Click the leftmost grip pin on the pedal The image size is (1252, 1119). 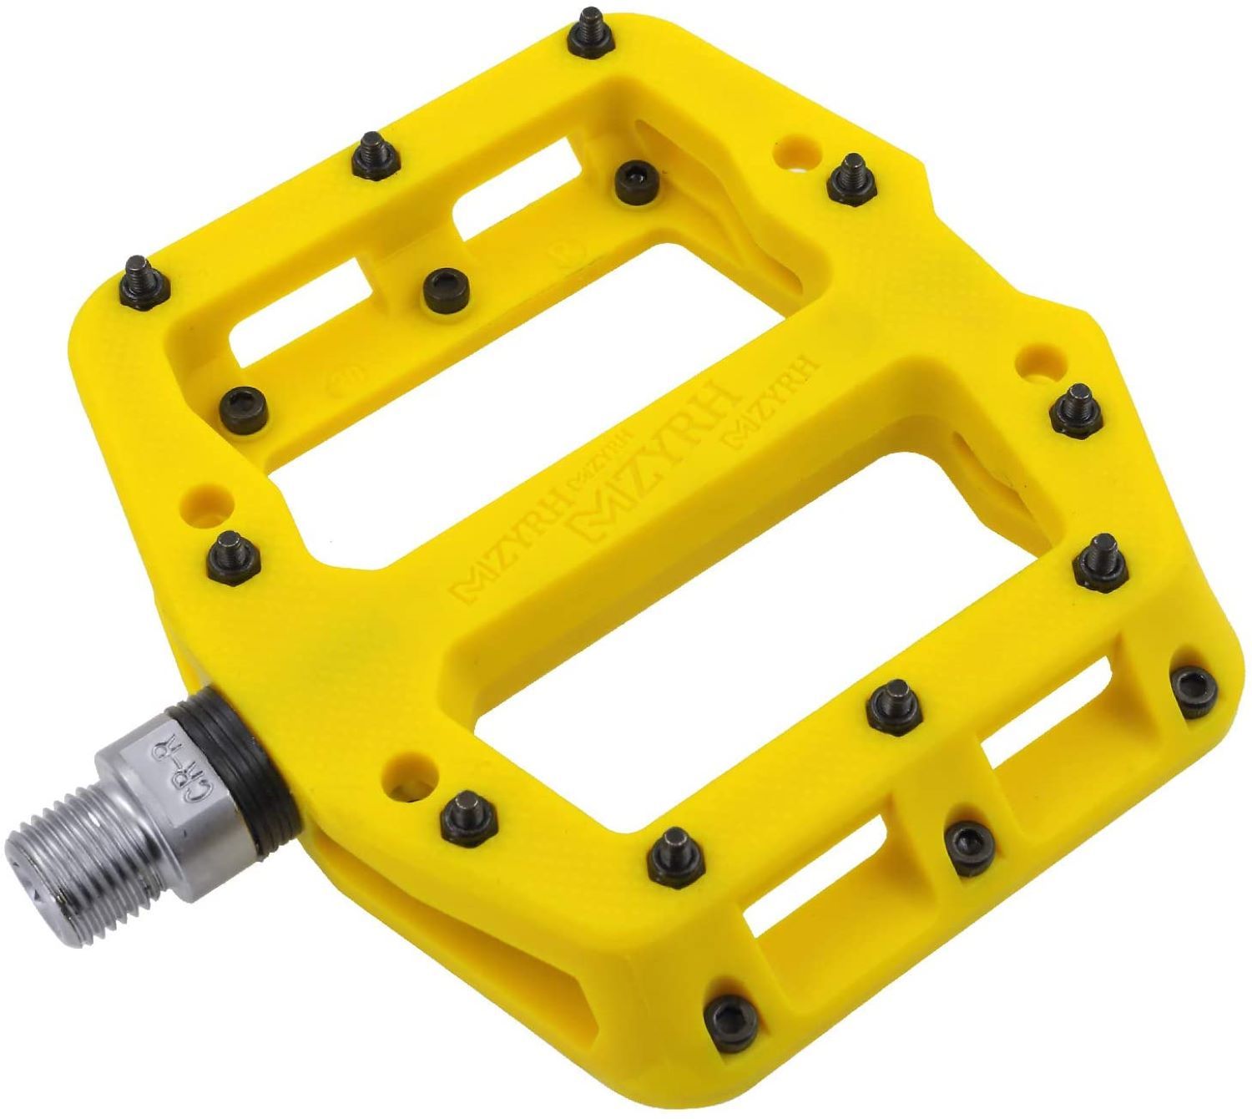click(x=137, y=278)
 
